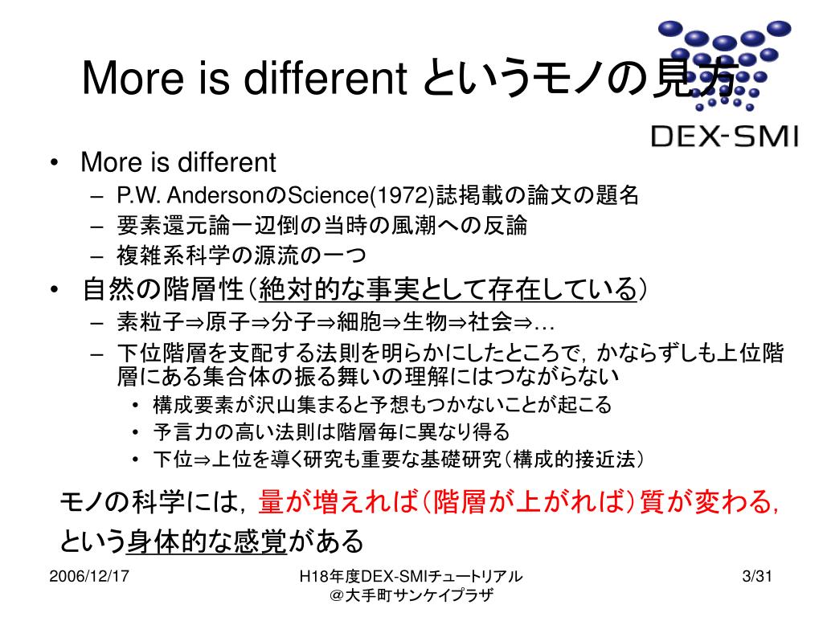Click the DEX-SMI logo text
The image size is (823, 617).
pos(723,136)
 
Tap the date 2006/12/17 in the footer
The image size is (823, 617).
pos(90,576)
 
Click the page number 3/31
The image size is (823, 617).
pos(756,576)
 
